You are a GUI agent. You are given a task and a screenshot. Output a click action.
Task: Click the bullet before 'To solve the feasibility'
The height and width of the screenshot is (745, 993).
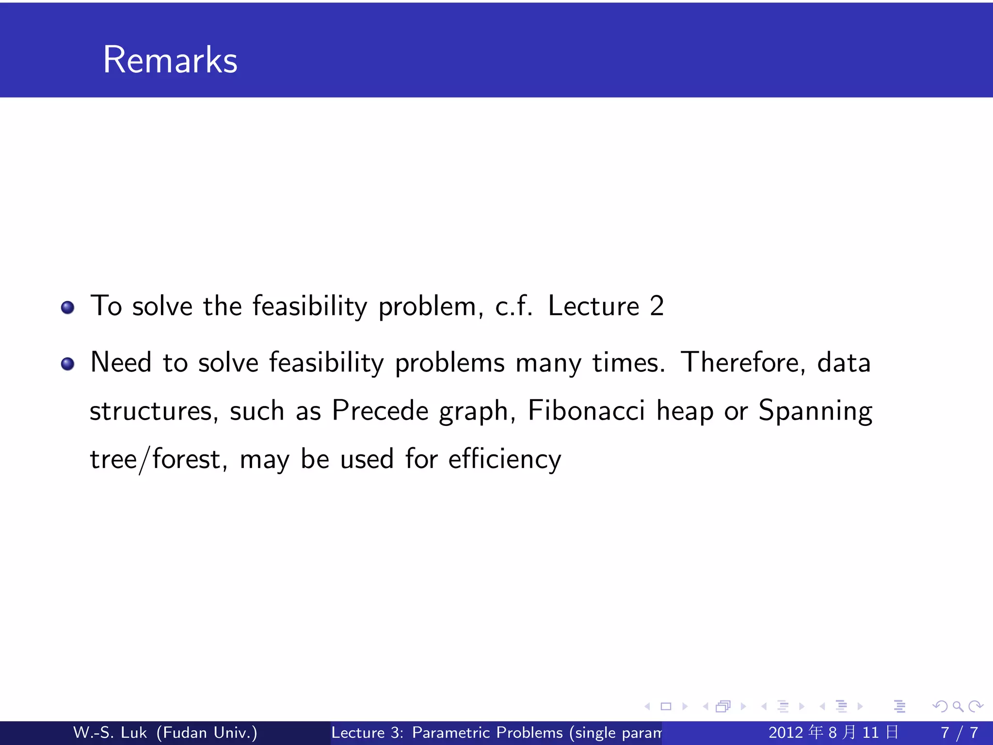(x=68, y=308)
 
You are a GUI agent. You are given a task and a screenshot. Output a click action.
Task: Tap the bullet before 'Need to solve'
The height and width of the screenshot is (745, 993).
(x=68, y=364)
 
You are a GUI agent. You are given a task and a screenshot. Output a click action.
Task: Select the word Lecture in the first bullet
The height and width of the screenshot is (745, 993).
(x=593, y=306)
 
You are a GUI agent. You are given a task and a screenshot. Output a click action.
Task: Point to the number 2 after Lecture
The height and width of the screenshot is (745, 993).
(x=657, y=306)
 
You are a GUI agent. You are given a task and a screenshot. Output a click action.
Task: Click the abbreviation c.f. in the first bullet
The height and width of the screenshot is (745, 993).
(x=513, y=306)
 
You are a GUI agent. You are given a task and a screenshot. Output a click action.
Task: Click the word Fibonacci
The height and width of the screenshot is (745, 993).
(x=586, y=410)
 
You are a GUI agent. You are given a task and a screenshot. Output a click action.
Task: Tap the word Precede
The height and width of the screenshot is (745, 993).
(x=380, y=410)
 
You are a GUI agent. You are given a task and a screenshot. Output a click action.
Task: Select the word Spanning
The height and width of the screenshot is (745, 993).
(x=815, y=411)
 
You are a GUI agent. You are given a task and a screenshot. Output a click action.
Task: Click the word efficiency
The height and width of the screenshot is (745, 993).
(x=504, y=459)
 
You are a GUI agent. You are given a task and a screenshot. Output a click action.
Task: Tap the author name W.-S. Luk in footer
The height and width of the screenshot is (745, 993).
(x=110, y=732)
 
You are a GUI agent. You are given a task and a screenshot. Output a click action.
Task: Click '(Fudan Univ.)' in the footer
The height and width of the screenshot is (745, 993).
(x=207, y=732)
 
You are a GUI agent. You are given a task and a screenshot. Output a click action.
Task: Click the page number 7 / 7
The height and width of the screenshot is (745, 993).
(x=959, y=732)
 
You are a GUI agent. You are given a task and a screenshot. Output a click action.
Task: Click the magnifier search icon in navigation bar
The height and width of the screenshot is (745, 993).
(x=958, y=707)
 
